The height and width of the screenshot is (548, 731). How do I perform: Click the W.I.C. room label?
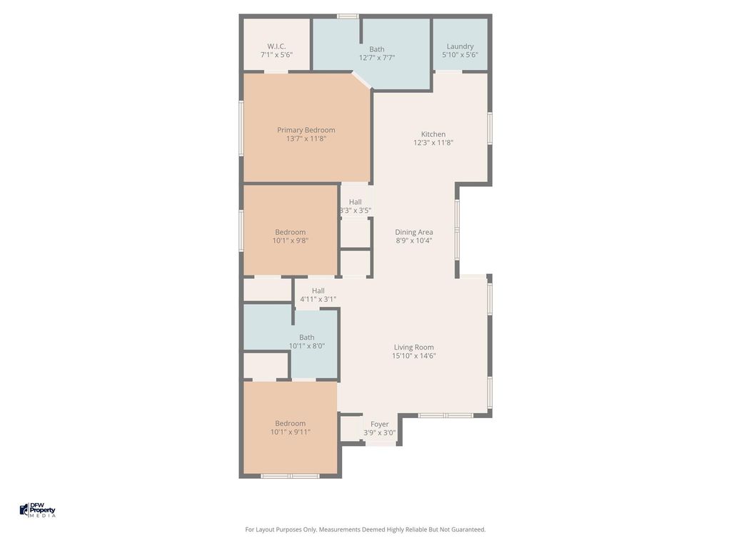click(276, 46)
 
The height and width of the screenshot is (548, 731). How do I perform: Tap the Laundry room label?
click(460, 46)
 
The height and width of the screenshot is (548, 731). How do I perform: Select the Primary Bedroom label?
click(306, 130)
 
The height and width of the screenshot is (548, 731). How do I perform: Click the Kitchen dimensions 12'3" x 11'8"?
click(433, 143)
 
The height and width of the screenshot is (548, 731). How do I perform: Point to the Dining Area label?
click(414, 232)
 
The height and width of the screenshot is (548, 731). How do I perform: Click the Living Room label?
click(414, 347)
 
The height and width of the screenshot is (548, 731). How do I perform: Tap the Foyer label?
click(380, 424)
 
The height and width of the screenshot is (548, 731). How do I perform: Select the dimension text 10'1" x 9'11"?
click(291, 432)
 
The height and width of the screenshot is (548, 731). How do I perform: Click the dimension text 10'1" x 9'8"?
click(291, 240)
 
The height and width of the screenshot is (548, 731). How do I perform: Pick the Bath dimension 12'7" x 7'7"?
click(377, 58)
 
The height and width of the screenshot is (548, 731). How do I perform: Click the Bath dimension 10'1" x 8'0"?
click(307, 346)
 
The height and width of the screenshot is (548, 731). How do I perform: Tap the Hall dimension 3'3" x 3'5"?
click(356, 210)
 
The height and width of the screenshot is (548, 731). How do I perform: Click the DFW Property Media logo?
click(38, 509)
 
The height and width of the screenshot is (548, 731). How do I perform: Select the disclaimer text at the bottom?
click(365, 529)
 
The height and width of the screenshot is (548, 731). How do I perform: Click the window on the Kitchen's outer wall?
click(490, 128)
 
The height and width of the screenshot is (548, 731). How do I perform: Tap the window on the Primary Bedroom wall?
click(241, 128)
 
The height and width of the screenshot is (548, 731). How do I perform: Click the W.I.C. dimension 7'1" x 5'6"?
click(276, 54)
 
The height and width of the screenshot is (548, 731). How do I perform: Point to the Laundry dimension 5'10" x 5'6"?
click(460, 54)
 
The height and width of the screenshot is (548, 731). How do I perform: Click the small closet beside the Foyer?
click(351, 429)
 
